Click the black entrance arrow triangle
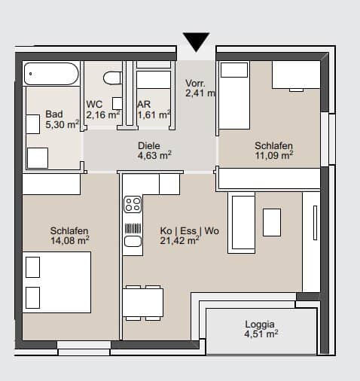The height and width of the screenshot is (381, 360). pyautogui.click(x=196, y=40)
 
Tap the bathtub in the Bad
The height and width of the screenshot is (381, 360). pyautogui.click(x=51, y=74)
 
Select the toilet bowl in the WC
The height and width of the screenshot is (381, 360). pyautogui.click(x=112, y=78)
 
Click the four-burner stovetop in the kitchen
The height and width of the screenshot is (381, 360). pyautogui.click(x=133, y=204)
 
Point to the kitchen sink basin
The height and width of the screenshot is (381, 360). pyautogui.click(x=133, y=241)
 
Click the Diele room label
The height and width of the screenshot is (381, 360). pyautogui.click(x=149, y=145)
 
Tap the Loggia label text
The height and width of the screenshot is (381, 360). pyautogui.click(x=260, y=325)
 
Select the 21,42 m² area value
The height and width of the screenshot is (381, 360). pyautogui.click(x=179, y=240)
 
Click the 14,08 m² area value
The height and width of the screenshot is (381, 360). pyautogui.click(x=70, y=240)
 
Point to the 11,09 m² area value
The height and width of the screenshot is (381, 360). pyautogui.click(x=274, y=155)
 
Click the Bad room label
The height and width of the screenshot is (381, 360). pyautogui.click(x=54, y=114)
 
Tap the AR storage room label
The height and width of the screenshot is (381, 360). pyautogui.click(x=144, y=104)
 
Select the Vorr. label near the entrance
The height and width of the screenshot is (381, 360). pyautogui.click(x=195, y=84)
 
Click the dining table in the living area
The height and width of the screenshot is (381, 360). pyautogui.click(x=143, y=303)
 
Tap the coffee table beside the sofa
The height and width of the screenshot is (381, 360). pyautogui.click(x=272, y=222)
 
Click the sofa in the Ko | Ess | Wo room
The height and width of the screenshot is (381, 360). pyautogui.click(x=241, y=223)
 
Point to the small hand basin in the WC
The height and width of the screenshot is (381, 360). pyautogui.click(x=117, y=103)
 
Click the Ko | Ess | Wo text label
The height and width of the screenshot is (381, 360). pyautogui.click(x=190, y=230)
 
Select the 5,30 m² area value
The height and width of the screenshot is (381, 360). pyautogui.click(x=62, y=124)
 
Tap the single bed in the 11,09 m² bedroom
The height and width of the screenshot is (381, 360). pyautogui.click(x=234, y=96)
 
